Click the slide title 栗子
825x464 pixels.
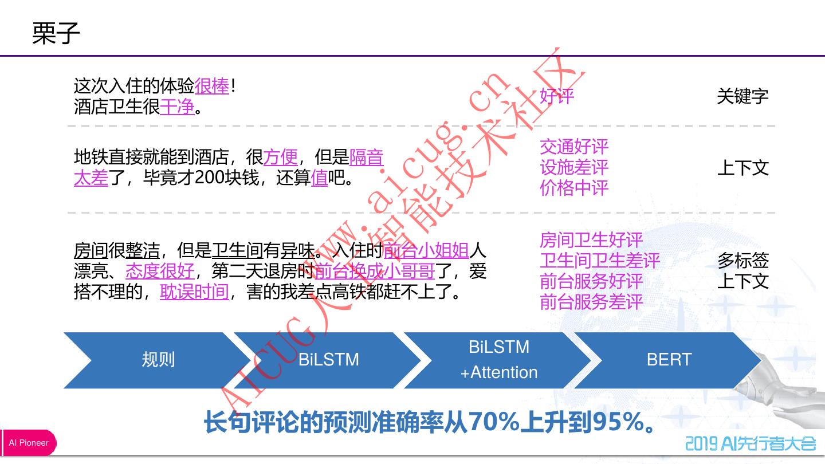56,33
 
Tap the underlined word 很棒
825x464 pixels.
211,86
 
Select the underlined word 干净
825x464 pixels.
177,107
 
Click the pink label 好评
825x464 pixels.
557,96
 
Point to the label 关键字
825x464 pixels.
742,96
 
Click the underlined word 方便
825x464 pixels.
281,157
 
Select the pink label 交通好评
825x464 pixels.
574,147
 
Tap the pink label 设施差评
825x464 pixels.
574,167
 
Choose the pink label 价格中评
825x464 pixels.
574,188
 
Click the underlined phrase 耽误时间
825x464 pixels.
194,292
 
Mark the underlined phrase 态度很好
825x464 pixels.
160,271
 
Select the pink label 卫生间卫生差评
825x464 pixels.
600,261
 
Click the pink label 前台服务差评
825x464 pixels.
591,302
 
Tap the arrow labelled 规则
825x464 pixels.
158,360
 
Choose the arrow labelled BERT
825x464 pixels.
669,360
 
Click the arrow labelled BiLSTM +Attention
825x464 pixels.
499,360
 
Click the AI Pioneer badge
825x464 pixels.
29,443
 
